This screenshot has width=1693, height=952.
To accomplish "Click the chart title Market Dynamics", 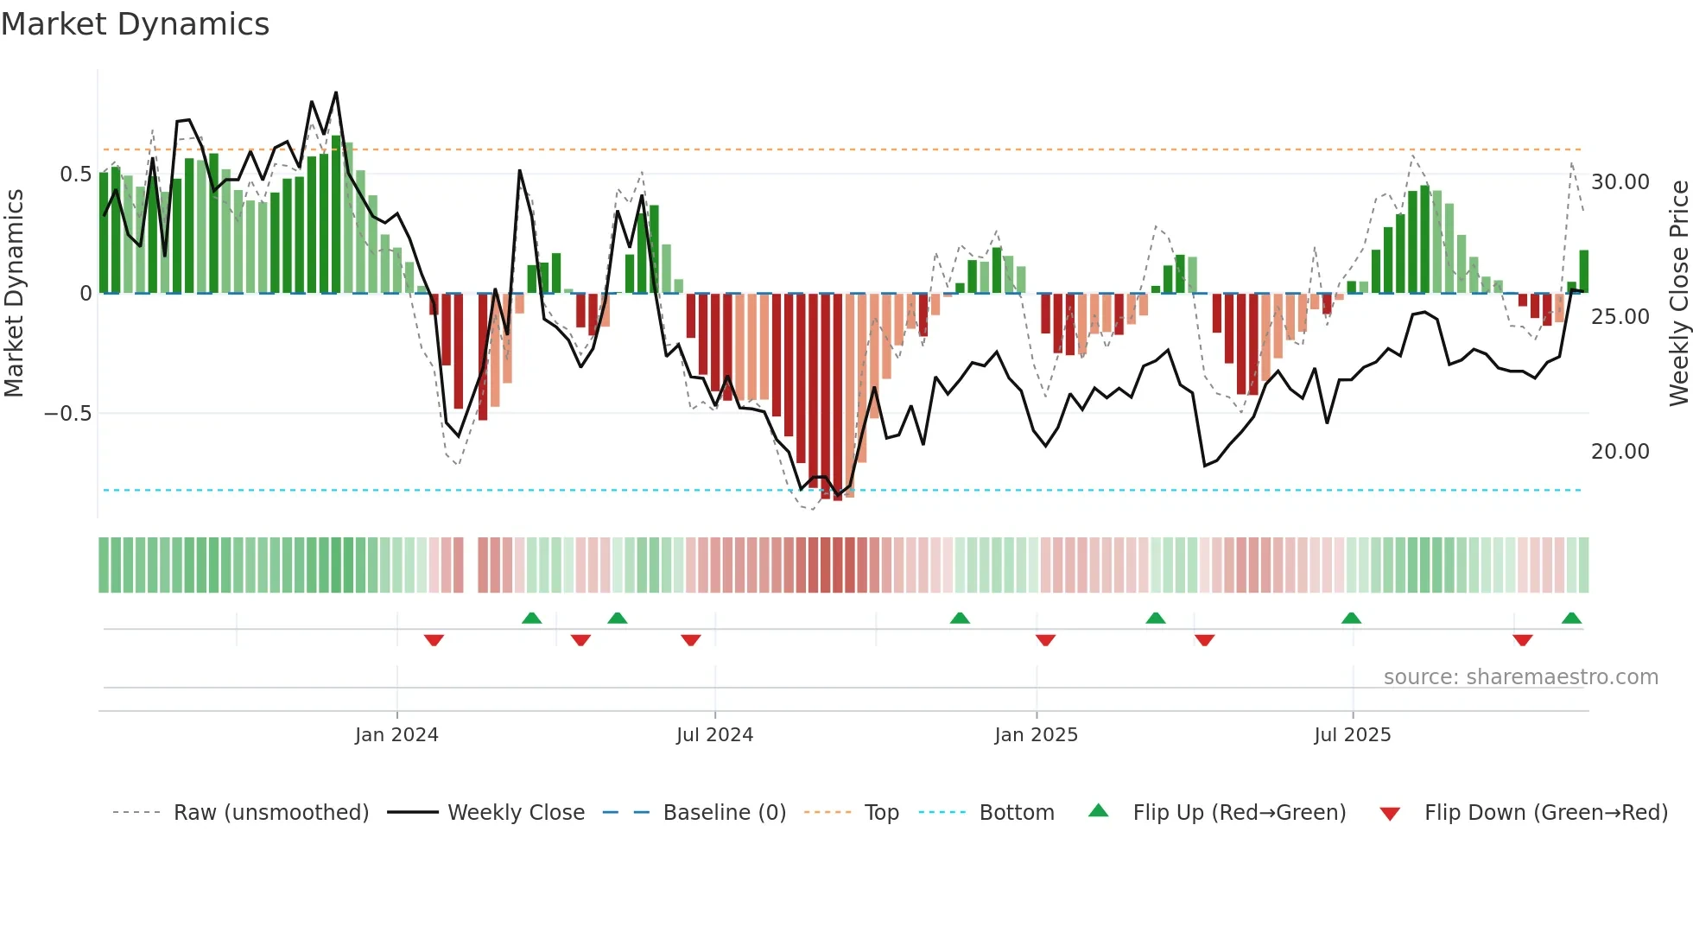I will coord(135,24).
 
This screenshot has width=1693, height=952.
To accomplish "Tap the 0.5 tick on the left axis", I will coord(75,175).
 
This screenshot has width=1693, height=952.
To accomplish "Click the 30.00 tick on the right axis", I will coord(1620,182).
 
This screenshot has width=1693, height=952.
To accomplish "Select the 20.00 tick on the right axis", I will coord(1620,452).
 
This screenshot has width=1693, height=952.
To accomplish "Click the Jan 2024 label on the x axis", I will coord(396,735).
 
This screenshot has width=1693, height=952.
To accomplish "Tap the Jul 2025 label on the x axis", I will coord(1352,735).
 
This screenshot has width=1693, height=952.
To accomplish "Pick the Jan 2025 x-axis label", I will coord(1036,735).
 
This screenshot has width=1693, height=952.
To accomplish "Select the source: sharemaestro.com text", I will coord(1520,677).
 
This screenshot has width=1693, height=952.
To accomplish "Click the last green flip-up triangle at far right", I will coord(1571,619).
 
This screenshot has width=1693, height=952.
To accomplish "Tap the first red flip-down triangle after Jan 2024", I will coord(434,640).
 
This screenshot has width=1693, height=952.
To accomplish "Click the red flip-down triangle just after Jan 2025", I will coord(1045,640).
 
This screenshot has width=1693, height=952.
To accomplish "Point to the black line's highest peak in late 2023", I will coord(336,93).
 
